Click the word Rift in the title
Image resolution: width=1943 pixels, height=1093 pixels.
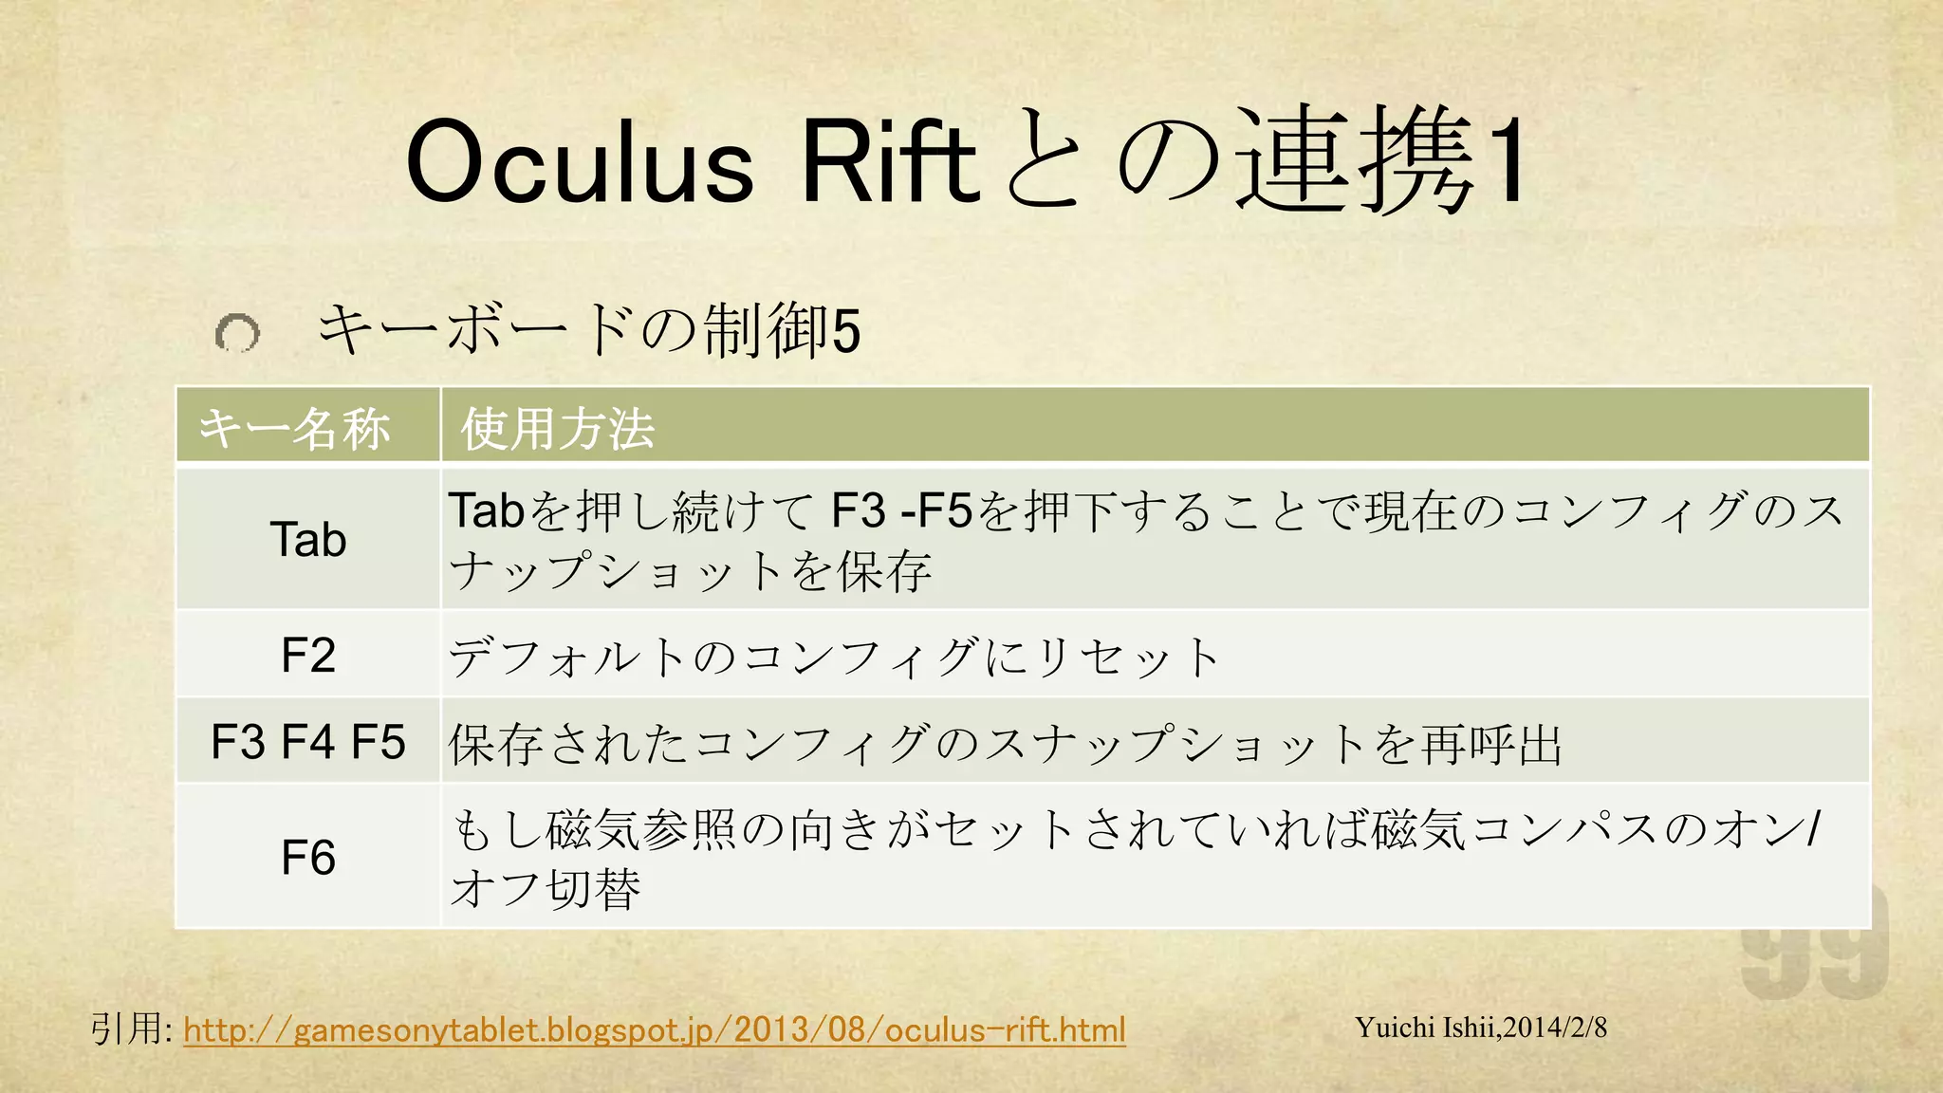(x=889, y=161)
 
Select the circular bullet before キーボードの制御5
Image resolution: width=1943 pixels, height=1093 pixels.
(x=237, y=333)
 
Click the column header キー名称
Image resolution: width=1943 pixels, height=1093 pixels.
(x=294, y=428)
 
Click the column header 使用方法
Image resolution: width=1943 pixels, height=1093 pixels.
(x=558, y=428)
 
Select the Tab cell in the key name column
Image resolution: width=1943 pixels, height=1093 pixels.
(x=308, y=539)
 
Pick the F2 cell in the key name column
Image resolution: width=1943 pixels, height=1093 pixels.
(x=308, y=655)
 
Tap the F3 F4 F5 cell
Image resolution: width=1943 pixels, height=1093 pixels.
(x=308, y=741)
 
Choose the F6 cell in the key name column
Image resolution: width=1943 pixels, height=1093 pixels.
(x=308, y=857)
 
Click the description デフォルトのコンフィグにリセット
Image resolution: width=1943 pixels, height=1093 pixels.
(x=834, y=657)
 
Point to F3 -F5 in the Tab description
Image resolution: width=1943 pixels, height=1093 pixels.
(x=901, y=510)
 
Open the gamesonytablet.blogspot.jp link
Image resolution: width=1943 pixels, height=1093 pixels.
(x=655, y=1029)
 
